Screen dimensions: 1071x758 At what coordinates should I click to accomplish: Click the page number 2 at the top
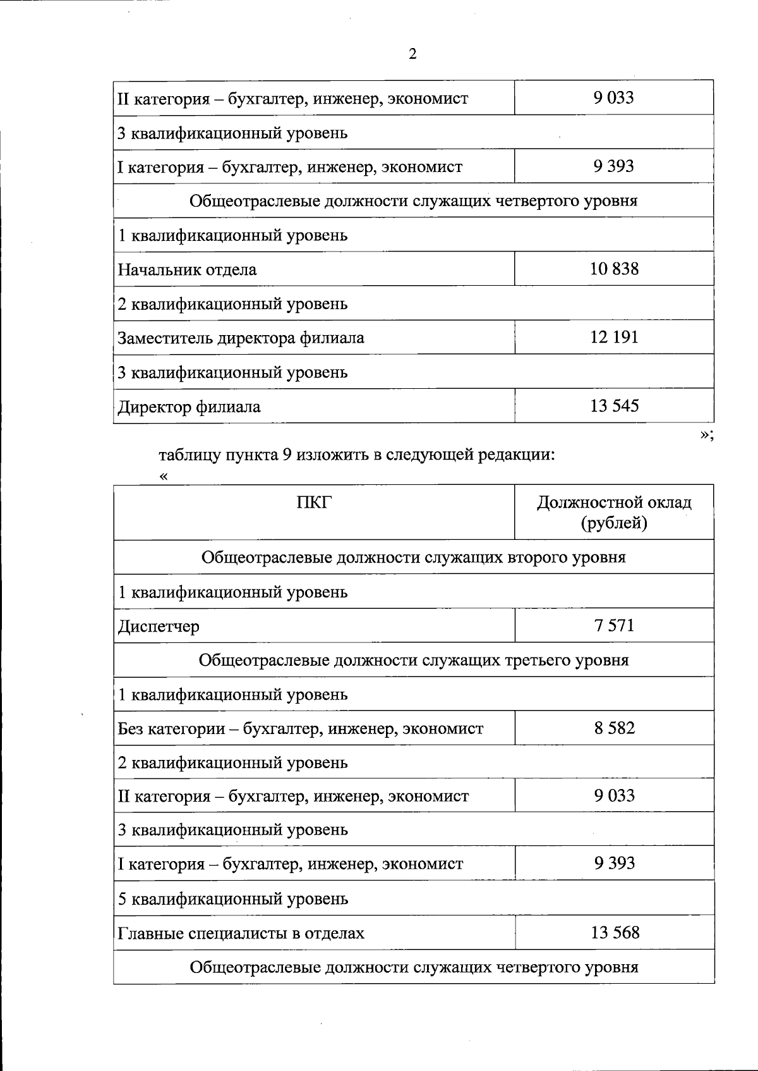tap(412, 54)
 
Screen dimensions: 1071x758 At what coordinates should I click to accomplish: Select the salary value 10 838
tap(614, 269)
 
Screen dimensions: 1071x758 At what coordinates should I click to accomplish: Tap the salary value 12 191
tap(614, 337)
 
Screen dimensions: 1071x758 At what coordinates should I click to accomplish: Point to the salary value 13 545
tap(614, 405)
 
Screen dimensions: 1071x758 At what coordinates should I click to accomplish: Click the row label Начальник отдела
tap(187, 270)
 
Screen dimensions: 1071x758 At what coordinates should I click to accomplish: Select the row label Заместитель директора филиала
tap(241, 338)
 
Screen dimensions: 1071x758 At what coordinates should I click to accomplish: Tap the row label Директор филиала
tap(189, 407)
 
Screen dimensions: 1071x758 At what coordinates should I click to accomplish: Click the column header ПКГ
tap(314, 503)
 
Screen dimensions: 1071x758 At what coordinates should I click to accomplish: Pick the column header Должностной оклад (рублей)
tap(614, 513)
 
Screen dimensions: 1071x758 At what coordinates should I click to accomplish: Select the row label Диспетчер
tap(159, 627)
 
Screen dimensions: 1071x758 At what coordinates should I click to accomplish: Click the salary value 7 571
tap(614, 625)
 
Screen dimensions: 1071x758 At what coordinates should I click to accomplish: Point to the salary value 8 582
tap(614, 728)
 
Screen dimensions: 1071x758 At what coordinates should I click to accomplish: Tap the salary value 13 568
tap(614, 933)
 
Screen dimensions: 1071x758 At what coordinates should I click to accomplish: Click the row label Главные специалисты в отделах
tap(241, 934)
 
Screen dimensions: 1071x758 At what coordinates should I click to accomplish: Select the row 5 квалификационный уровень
tap(232, 898)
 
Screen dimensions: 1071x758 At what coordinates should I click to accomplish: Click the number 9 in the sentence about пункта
tap(286, 455)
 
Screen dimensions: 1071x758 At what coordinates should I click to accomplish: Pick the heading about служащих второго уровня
tap(413, 558)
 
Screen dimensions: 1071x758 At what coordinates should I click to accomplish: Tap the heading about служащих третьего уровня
tap(413, 661)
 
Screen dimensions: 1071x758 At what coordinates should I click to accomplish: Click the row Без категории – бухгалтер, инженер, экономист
tap(300, 729)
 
